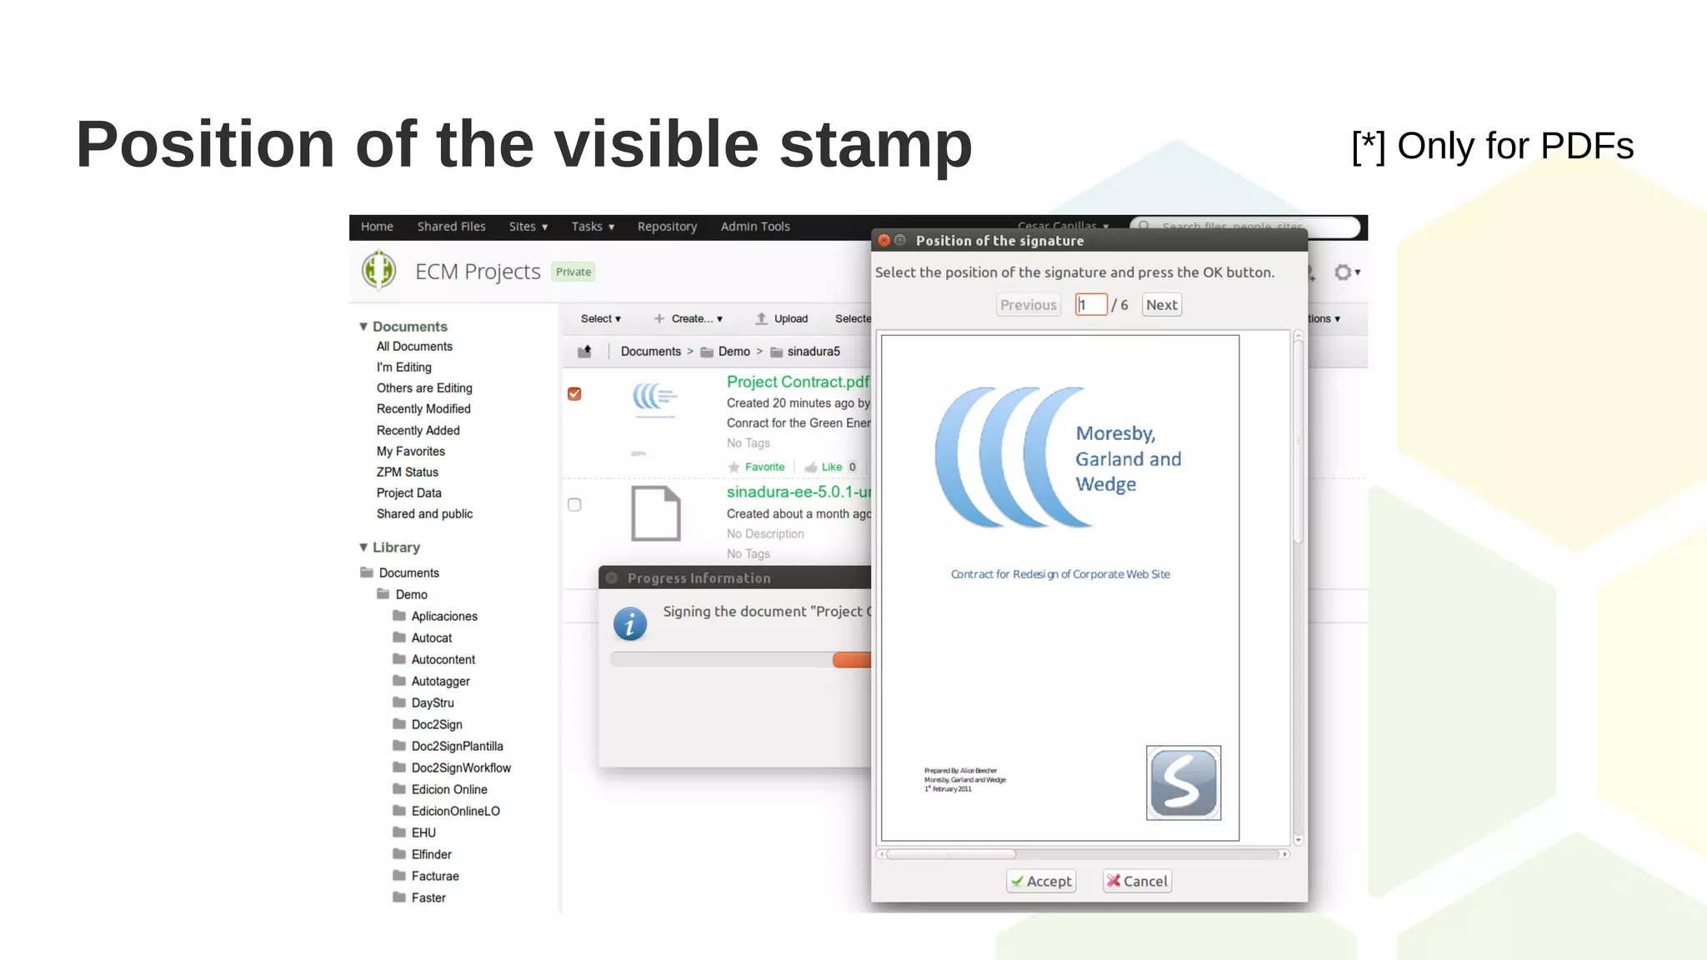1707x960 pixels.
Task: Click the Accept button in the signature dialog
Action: point(1041,881)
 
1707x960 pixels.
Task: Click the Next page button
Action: point(1161,305)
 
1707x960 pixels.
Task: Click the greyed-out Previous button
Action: point(1028,305)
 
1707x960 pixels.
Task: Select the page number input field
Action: point(1091,305)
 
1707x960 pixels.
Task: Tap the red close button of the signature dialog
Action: point(884,240)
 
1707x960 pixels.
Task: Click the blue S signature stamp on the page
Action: point(1183,782)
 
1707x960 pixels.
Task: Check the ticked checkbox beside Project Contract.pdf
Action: point(574,393)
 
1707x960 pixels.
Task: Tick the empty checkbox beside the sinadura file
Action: point(574,504)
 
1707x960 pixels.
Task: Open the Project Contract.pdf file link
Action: point(797,382)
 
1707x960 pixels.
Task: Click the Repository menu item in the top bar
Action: point(667,227)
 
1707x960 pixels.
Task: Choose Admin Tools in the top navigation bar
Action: point(755,227)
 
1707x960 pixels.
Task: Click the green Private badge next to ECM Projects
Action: point(573,272)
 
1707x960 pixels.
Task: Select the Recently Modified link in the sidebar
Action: point(423,409)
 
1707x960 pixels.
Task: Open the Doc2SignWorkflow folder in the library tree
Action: point(461,767)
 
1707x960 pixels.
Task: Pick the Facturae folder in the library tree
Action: point(434,876)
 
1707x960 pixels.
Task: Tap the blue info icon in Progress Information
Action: point(630,624)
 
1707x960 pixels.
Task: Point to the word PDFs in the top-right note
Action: point(1586,146)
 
